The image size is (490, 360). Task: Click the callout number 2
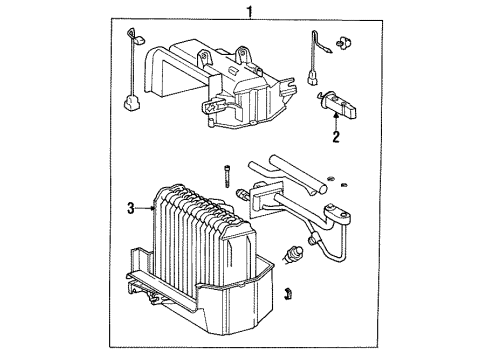[336, 138]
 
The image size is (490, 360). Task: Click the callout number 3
[130, 208]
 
